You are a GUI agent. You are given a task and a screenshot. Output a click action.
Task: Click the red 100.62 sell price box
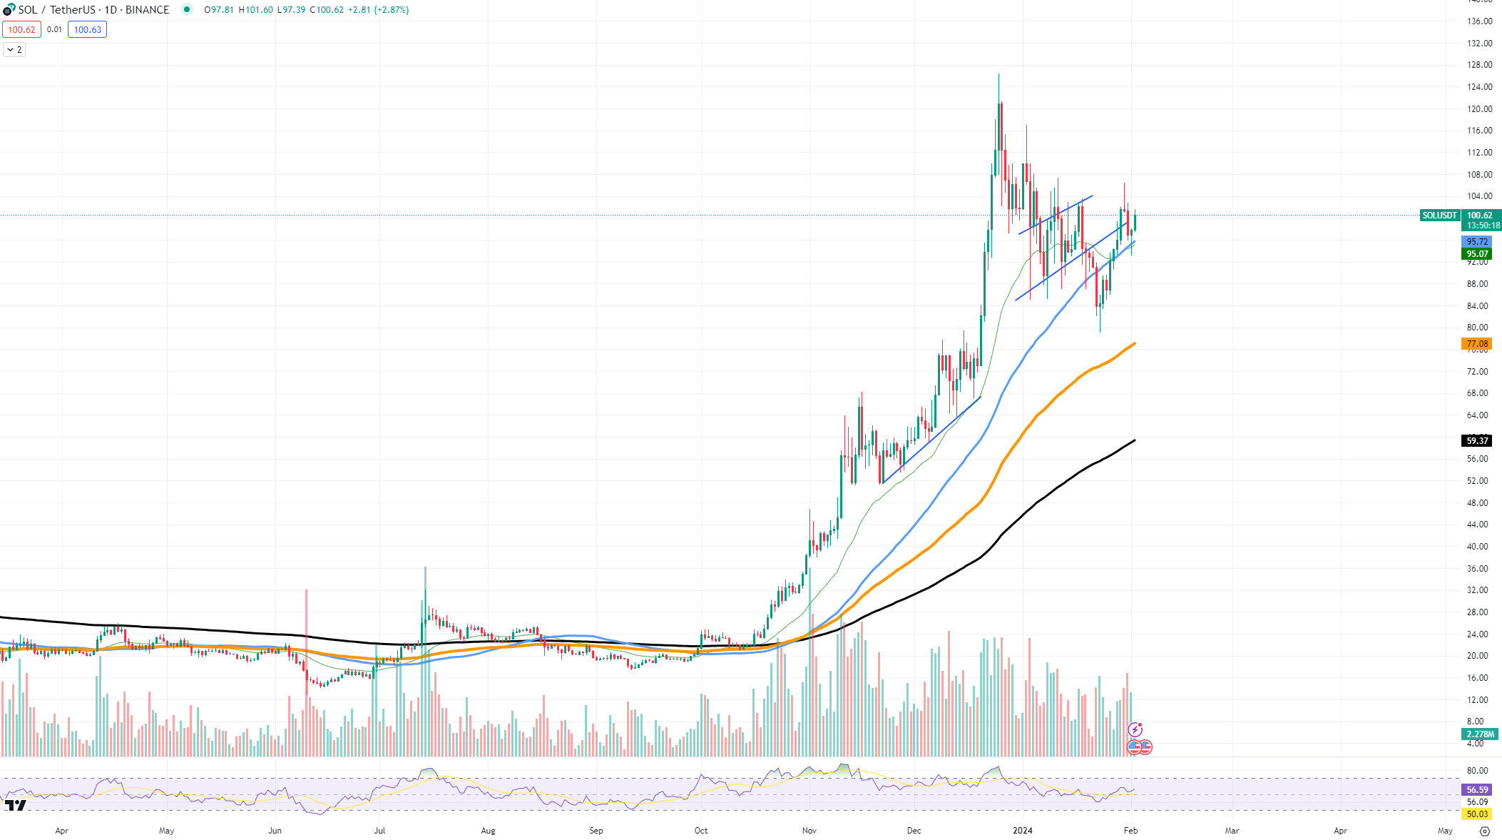[x=21, y=30]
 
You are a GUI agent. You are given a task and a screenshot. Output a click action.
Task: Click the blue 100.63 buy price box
[x=87, y=30]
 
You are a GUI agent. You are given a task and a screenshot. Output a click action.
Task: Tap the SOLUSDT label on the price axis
[x=1439, y=216]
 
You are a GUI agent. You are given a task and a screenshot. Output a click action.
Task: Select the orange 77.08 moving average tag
[x=1476, y=344]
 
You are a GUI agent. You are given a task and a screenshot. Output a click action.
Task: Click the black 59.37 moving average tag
[x=1476, y=441]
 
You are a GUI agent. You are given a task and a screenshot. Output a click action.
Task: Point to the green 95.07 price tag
[x=1476, y=254]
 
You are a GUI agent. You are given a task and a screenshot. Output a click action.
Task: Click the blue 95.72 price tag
[x=1476, y=242]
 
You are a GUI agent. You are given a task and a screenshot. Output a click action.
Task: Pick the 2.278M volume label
[x=1480, y=734]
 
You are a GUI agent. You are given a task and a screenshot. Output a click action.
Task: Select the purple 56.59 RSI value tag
[x=1476, y=790]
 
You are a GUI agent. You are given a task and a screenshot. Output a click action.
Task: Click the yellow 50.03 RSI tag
[x=1476, y=814]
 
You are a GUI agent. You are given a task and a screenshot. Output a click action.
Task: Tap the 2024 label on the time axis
[x=1023, y=831]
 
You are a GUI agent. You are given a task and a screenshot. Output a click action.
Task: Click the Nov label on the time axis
[x=809, y=831]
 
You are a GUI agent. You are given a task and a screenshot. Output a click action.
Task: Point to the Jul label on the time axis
[x=379, y=831]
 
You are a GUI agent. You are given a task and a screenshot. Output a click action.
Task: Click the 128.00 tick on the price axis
[x=1479, y=65]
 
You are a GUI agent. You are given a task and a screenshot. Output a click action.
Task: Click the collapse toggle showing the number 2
[x=14, y=50]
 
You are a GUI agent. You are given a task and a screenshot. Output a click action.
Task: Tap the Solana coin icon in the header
[x=9, y=10]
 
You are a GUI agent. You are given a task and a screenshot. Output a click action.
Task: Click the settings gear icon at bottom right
[x=1485, y=831]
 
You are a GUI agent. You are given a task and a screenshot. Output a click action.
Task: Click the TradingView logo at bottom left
[x=16, y=805]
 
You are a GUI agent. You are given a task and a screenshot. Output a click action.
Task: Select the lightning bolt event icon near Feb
[x=1135, y=729]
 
